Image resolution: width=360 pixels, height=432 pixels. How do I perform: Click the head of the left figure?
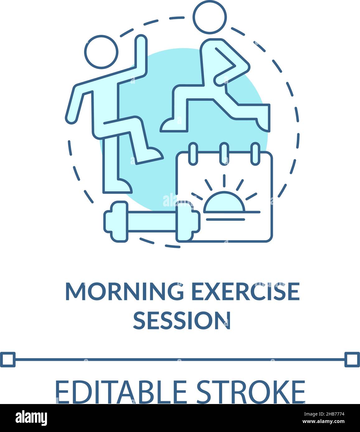tap(101, 52)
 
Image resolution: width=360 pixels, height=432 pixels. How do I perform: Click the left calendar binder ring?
tap(193, 153)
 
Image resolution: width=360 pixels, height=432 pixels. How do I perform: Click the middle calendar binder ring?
tap(224, 153)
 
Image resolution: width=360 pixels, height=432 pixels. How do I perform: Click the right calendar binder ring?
tap(255, 153)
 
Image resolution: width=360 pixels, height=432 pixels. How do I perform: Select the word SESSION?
tap(182, 320)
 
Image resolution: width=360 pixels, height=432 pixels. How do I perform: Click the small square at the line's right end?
tap(352, 360)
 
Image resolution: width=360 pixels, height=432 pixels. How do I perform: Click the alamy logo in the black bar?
tap(31, 417)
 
